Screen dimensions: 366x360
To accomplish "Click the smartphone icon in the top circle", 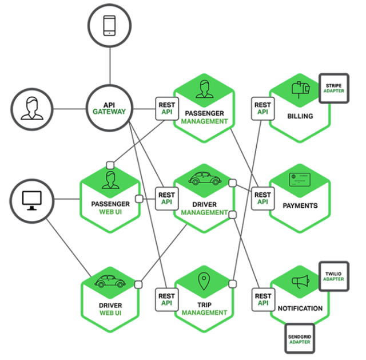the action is [x=109, y=25].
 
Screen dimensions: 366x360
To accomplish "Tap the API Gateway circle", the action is [x=109, y=108].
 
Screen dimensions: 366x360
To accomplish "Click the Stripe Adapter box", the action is [x=334, y=88].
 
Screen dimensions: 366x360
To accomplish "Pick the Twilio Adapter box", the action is [x=334, y=276].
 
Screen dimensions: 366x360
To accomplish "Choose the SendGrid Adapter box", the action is [x=300, y=339].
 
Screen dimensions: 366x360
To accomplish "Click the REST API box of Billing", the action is [x=262, y=109].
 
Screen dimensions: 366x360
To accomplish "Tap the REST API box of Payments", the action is [x=262, y=199].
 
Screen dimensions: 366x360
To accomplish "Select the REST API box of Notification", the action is [x=263, y=299].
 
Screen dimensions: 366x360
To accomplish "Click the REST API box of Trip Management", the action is [x=166, y=299].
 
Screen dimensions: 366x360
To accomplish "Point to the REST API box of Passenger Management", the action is [x=167, y=109].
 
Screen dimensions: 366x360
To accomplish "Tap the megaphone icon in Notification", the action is [x=301, y=282].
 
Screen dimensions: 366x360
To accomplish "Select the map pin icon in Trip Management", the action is [x=204, y=281].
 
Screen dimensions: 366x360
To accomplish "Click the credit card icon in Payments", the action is [x=300, y=180].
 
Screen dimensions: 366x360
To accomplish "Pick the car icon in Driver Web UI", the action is [x=110, y=281].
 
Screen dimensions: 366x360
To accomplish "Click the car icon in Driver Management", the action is [x=205, y=179].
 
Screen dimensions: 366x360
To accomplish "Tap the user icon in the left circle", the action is [x=32, y=109].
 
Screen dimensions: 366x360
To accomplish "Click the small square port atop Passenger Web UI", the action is [x=110, y=165].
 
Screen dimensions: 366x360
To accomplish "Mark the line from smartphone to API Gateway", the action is [x=110, y=66].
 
